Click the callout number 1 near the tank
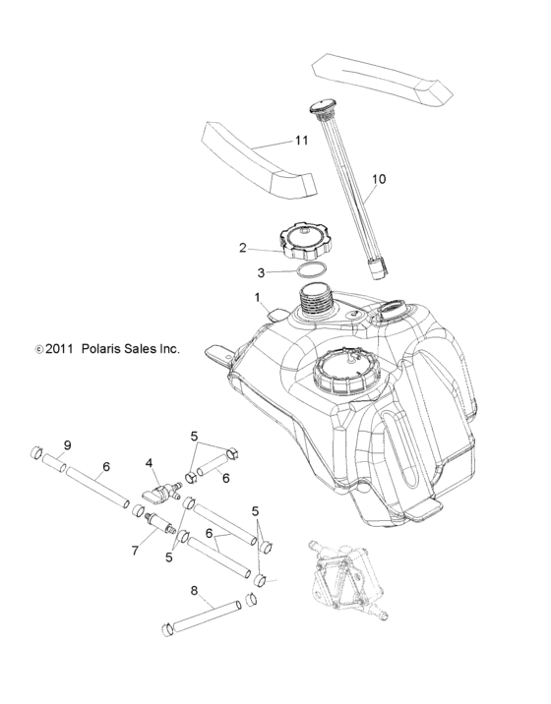click(257, 296)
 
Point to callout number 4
click(150, 461)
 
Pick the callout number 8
click(194, 592)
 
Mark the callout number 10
click(379, 180)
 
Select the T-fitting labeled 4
click(157, 488)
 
